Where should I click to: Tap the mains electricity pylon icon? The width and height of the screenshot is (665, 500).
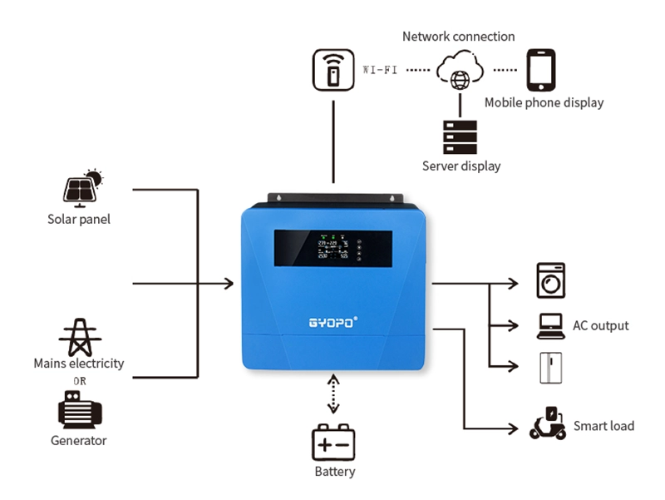(80, 336)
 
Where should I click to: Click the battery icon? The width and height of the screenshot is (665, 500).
(334, 443)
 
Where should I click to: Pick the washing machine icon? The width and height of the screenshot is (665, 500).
(550, 281)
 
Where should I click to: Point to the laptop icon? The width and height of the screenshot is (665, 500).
(550, 325)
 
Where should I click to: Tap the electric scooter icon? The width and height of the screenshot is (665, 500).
(549, 423)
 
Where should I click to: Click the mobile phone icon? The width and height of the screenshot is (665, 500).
(541, 71)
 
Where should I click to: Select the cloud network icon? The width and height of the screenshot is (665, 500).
(458, 71)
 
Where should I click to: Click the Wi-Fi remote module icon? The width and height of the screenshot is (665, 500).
(333, 71)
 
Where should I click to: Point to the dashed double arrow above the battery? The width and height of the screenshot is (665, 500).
(334, 394)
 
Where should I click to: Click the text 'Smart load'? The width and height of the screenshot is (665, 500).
(603, 426)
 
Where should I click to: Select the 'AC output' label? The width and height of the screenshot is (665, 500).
(600, 325)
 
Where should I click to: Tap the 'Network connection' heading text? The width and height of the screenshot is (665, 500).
(458, 37)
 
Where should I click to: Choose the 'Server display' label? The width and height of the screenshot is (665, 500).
(461, 166)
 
